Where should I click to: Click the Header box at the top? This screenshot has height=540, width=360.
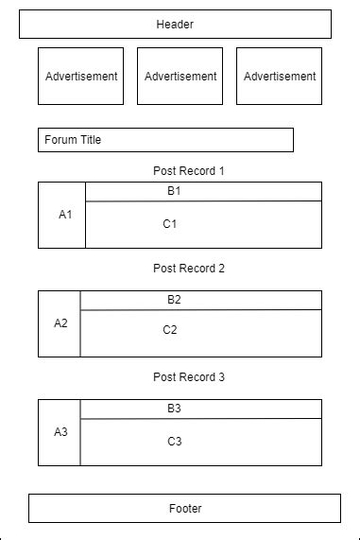click(175, 25)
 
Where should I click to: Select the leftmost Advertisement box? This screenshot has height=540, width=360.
click(80, 76)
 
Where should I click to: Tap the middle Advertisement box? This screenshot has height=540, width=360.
click(180, 76)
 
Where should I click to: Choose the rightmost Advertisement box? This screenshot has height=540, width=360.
click(279, 76)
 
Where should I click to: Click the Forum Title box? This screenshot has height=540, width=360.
click(165, 140)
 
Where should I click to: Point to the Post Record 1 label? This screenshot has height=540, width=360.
click(189, 171)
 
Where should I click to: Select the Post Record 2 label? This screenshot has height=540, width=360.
click(189, 269)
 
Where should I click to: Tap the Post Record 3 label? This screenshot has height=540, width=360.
click(189, 377)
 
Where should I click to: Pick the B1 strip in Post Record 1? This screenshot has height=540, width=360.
click(203, 191)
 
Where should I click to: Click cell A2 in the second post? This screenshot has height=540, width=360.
click(60, 323)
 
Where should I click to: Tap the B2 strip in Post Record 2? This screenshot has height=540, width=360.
click(200, 300)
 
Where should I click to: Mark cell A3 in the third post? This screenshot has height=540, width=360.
click(60, 432)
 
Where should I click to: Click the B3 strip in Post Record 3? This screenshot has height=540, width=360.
click(200, 409)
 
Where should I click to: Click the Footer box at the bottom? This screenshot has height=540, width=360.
click(184, 508)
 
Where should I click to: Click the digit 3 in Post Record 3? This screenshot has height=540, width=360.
click(221, 377)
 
